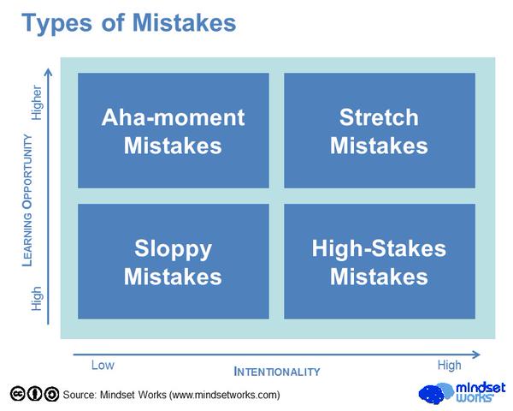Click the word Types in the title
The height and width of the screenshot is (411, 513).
(x=57, y=24)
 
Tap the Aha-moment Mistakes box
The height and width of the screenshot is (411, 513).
(x=174, y=130)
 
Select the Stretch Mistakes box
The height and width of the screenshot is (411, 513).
(x=380, y=130)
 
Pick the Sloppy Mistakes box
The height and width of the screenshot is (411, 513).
(x=174, y=261)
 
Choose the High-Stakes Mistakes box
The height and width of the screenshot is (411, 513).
(x=380, y=261)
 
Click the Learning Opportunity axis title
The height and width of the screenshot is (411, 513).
(x=27, y=200)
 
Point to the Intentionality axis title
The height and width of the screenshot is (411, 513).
(x=277, y=372)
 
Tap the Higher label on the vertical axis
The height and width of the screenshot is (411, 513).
(x=36, y=103)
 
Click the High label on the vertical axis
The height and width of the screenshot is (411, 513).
(x=36, y=299)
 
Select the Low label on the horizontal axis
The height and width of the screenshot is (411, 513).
(x=103, y=365)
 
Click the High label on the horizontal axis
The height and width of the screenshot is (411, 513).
(x=450, y=365)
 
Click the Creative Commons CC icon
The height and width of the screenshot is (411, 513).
(x=18, y=394)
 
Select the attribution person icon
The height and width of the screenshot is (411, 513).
(x=34, y=394)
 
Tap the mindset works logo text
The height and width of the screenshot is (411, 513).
(x=481, y=392)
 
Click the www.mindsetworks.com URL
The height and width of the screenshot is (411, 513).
(x=224, y=395)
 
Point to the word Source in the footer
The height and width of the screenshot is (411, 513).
(x=80, y=395)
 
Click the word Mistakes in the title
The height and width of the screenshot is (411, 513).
(x=184, y=23)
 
